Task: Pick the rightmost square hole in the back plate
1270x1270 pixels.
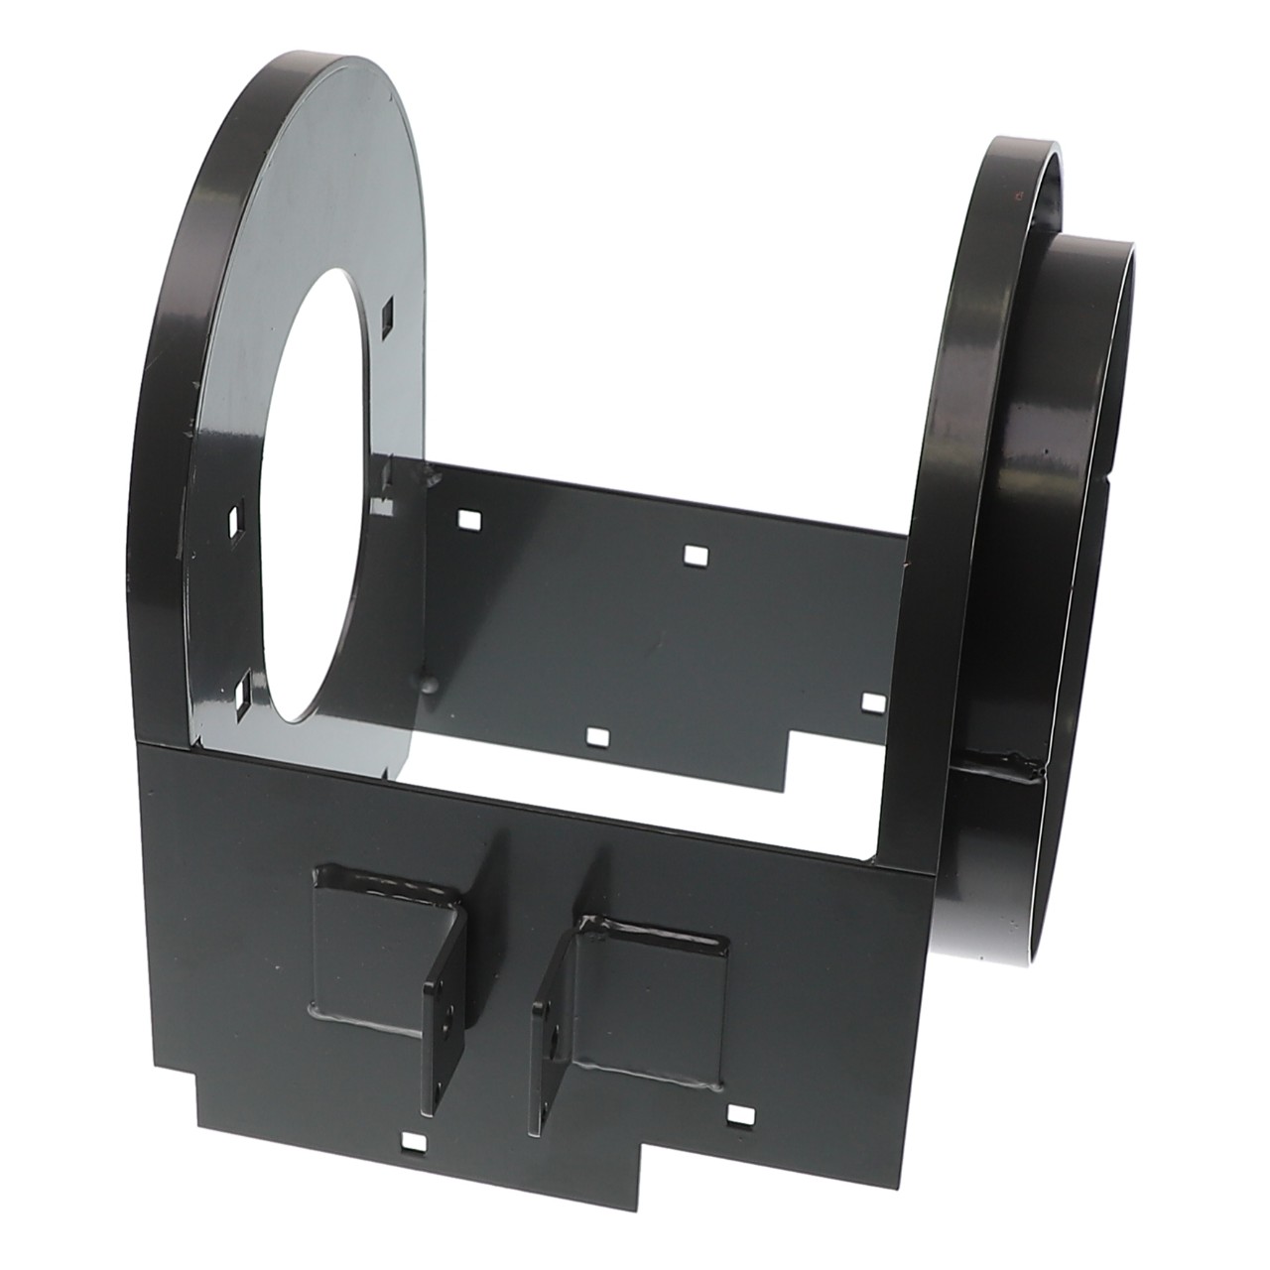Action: (872, 701)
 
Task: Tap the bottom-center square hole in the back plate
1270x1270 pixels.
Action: (597, 735)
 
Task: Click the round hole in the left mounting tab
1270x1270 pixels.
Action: (448, 1012)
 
